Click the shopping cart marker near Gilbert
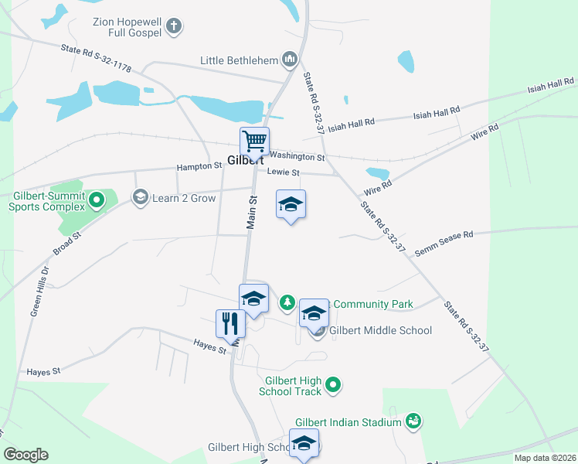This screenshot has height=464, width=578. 254,142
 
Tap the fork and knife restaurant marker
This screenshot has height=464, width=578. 229,322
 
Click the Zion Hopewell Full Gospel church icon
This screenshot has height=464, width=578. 174,26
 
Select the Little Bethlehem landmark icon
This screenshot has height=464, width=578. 290,59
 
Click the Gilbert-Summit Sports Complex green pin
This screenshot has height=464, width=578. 97,201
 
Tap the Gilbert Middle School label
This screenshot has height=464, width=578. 380,330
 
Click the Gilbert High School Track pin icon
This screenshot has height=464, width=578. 333,384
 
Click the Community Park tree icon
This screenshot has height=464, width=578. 287,302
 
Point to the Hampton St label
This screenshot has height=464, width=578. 199,166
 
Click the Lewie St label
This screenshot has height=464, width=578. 282,172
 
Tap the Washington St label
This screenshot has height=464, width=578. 297,155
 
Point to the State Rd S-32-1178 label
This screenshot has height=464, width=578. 96,58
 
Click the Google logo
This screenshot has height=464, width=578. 25,454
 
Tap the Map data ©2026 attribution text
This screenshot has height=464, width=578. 544,458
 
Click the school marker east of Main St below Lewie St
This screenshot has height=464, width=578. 291,205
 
